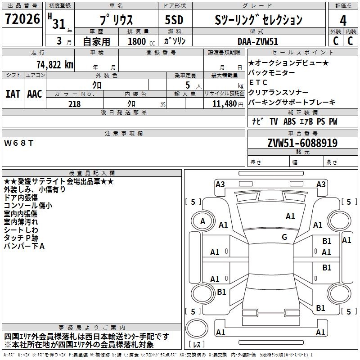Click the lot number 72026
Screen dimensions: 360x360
click(22, 19)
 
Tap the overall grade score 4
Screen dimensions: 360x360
click(343, 20)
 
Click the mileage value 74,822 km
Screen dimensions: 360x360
click(54, 64)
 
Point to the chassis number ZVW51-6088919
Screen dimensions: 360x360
click(302, 143)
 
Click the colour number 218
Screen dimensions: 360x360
click(74, 104)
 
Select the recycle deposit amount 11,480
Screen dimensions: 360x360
click(223, 104)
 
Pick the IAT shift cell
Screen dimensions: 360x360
click(13, 94)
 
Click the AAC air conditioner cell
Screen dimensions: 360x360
click(35, 94)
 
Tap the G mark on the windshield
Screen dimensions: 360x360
click(284, 237)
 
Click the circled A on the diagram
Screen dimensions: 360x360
click(202, 221)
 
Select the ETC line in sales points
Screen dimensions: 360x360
click(258, 82)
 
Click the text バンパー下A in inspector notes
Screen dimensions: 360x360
click(24, 246)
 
